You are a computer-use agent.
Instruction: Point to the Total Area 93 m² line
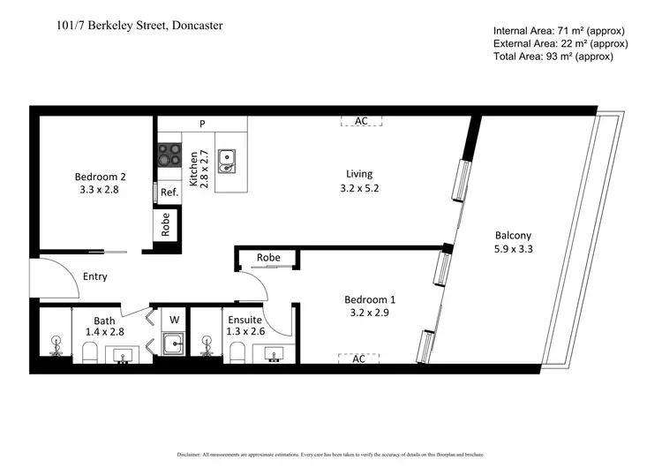(x=553, y=57)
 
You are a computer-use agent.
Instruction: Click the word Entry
(x=94, y=276)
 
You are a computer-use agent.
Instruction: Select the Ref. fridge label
(x=169, y=192)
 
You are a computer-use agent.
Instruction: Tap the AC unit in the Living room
(x=361, y=121)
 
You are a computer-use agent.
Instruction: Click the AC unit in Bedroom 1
(x=359, y=359)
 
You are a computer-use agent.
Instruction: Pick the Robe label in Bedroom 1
(x=268, y=258)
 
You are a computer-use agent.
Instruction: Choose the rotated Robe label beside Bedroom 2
(x=166, y=225)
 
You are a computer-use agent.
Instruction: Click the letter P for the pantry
(x=202, y=125)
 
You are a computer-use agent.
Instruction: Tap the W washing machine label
(x=174, y=320)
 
